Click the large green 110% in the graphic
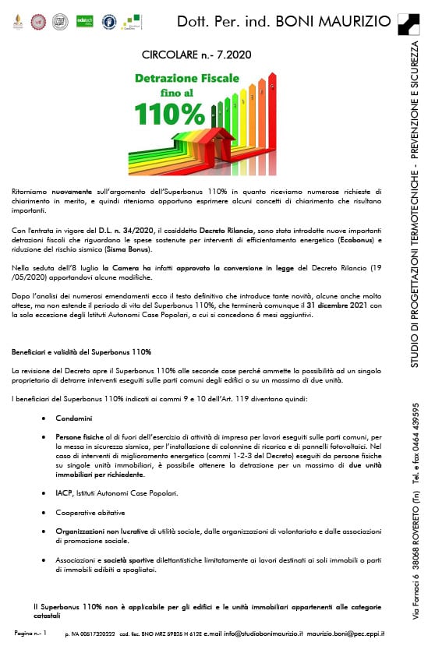169,114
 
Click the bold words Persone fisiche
76,439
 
